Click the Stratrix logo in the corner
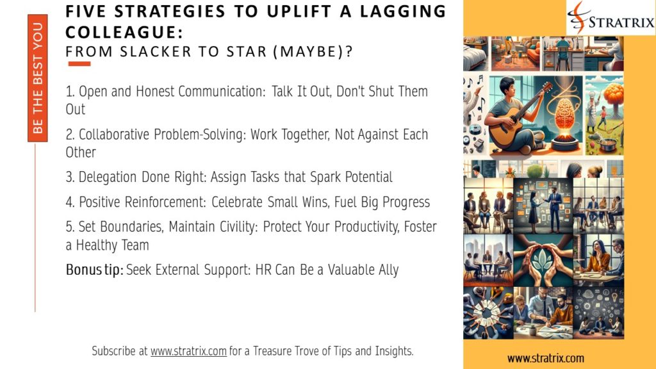coord(610,17)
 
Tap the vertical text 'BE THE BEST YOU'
coord(38,78)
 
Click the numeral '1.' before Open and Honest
coord(70,92)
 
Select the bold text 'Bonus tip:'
coord(94,270)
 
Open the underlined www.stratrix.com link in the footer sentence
coord(188,351)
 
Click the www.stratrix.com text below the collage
coord(545,357)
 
